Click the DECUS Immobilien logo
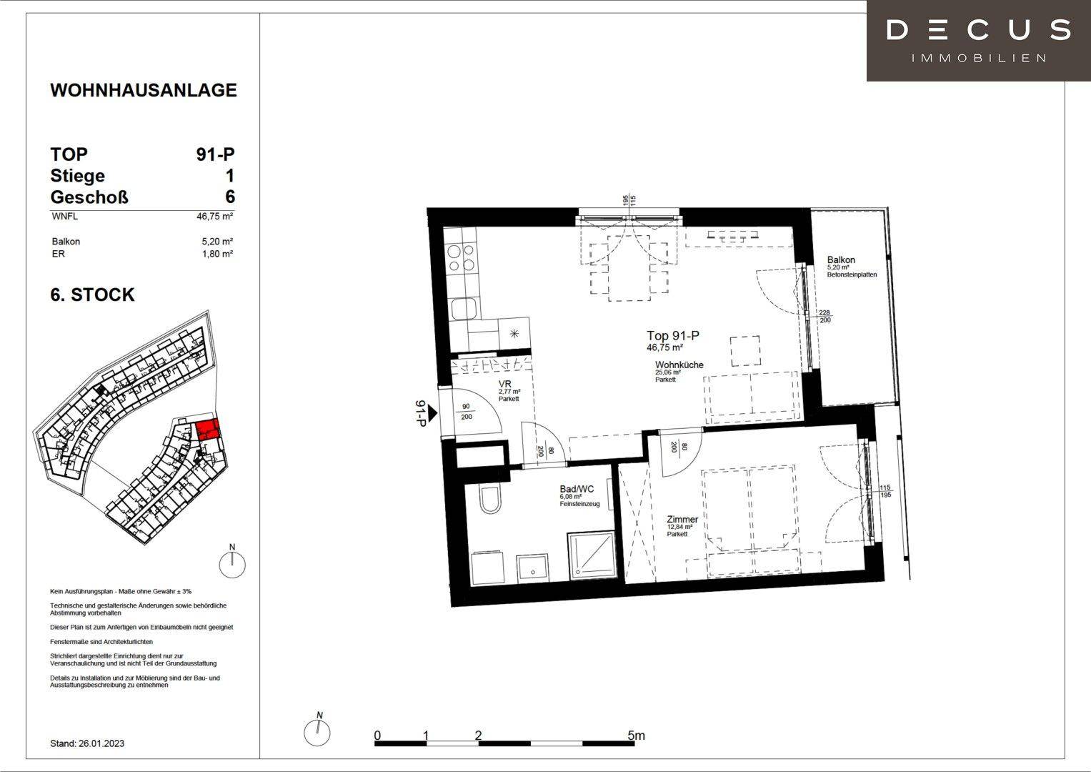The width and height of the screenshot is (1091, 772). click(979, 41)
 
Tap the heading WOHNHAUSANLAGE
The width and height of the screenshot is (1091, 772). click(144, 90)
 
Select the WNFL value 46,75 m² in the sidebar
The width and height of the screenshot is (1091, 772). click(215, 217)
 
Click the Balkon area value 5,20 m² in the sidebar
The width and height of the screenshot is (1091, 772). click(217, 242)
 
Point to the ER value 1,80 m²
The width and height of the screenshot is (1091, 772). click(217, 254)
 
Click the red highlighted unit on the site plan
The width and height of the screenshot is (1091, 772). click(207, 429)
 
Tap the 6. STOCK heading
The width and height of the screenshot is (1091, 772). click(93, 295)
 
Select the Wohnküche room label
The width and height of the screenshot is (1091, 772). click(679, 365)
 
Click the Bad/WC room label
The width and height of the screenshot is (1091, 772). click(577, 489)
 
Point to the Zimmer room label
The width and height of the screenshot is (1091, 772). click(682, 520)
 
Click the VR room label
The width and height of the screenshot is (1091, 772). click(505, 384)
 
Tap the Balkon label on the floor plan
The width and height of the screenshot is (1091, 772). click(841, 259)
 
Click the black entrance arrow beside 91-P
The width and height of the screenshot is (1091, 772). click(432, 413)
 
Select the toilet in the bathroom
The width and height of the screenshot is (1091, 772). click(490, 499)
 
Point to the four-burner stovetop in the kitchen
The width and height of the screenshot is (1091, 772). click(462, 258)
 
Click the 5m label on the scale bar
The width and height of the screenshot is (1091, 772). click(636, 735)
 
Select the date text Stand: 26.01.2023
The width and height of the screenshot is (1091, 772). click(87, 743)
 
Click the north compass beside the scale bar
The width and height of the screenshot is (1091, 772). click(317, 731)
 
